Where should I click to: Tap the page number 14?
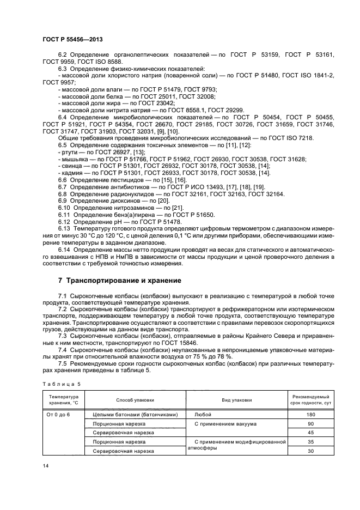coord(45,465)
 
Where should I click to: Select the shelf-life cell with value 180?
coord(311,414)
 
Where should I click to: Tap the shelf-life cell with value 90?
coord(311,423)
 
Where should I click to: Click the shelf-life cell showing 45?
coord(311,433)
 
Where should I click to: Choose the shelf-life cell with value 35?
coord(311,442)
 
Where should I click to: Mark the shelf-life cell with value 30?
coord(311,451)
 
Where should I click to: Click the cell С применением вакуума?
coord(225,423)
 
